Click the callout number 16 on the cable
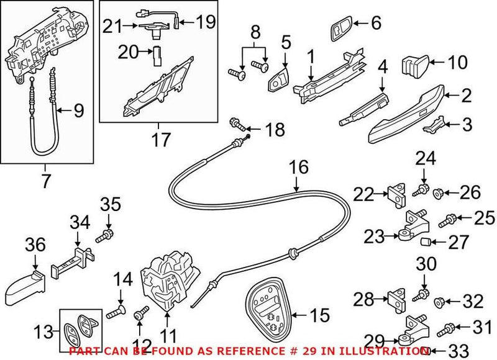(298, 168)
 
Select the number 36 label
(35, 246)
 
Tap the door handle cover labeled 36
(25, 285)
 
